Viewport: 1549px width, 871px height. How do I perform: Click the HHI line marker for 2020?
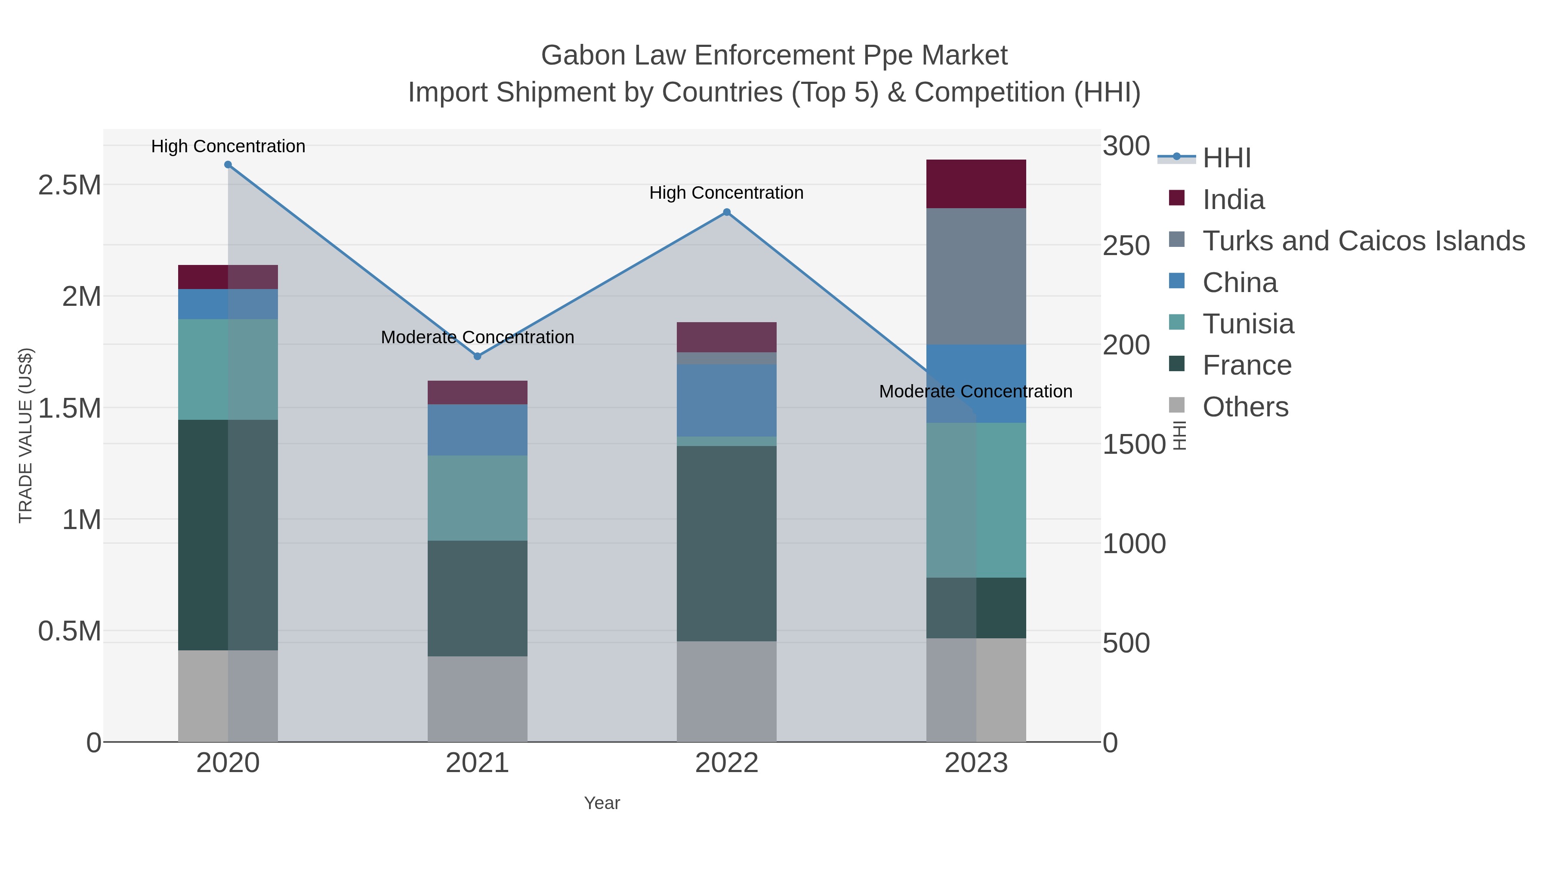tap(228, 165)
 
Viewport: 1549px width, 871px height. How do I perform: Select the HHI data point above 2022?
tap(726, 212)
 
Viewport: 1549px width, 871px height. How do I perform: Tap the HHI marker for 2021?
tap(478, 357)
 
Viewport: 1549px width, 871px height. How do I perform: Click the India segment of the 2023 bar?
tap(976, 184)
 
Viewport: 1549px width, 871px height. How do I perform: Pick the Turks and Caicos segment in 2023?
tap(976, 277)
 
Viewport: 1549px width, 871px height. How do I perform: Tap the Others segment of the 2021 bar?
tap(478, 699)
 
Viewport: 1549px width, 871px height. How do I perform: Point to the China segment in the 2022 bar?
tap(726, 400)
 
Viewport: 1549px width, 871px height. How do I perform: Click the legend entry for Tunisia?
tap(1248, 324)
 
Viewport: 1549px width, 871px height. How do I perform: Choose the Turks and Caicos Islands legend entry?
tap(1363, 241)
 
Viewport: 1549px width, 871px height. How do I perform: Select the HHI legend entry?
tap(1227, 158)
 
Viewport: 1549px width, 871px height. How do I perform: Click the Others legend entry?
tap(1245, 407)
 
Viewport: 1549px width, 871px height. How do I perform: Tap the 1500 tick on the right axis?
tap(1133, 445)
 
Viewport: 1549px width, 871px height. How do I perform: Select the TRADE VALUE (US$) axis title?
tap(26, 435)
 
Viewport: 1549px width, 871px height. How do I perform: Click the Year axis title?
tap(602, 803)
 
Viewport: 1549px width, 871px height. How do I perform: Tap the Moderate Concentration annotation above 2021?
tap(478, 337)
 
